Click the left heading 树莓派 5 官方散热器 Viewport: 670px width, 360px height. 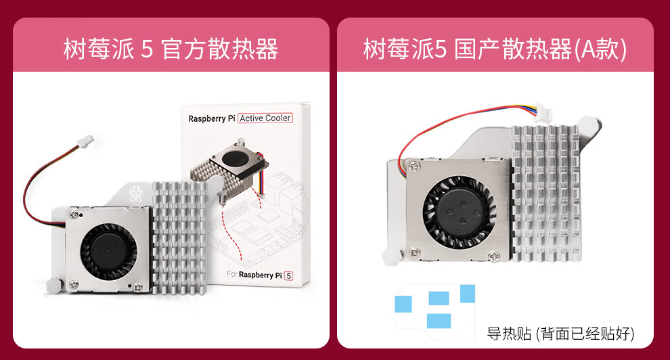point(171,49)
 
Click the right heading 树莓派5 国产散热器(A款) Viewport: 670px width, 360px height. point(495,49)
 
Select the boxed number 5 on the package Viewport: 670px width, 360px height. point(288,275)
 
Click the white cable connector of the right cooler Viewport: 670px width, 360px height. point(542,108)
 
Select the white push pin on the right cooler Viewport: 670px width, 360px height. point(391,255)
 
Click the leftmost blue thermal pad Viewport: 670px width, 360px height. point(404,304)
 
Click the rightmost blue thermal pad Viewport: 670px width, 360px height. point(468,293)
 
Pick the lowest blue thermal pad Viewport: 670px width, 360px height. point(438,320)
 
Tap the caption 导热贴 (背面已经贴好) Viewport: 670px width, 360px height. point(560,333)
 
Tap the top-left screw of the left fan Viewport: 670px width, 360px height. point(72,216)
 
